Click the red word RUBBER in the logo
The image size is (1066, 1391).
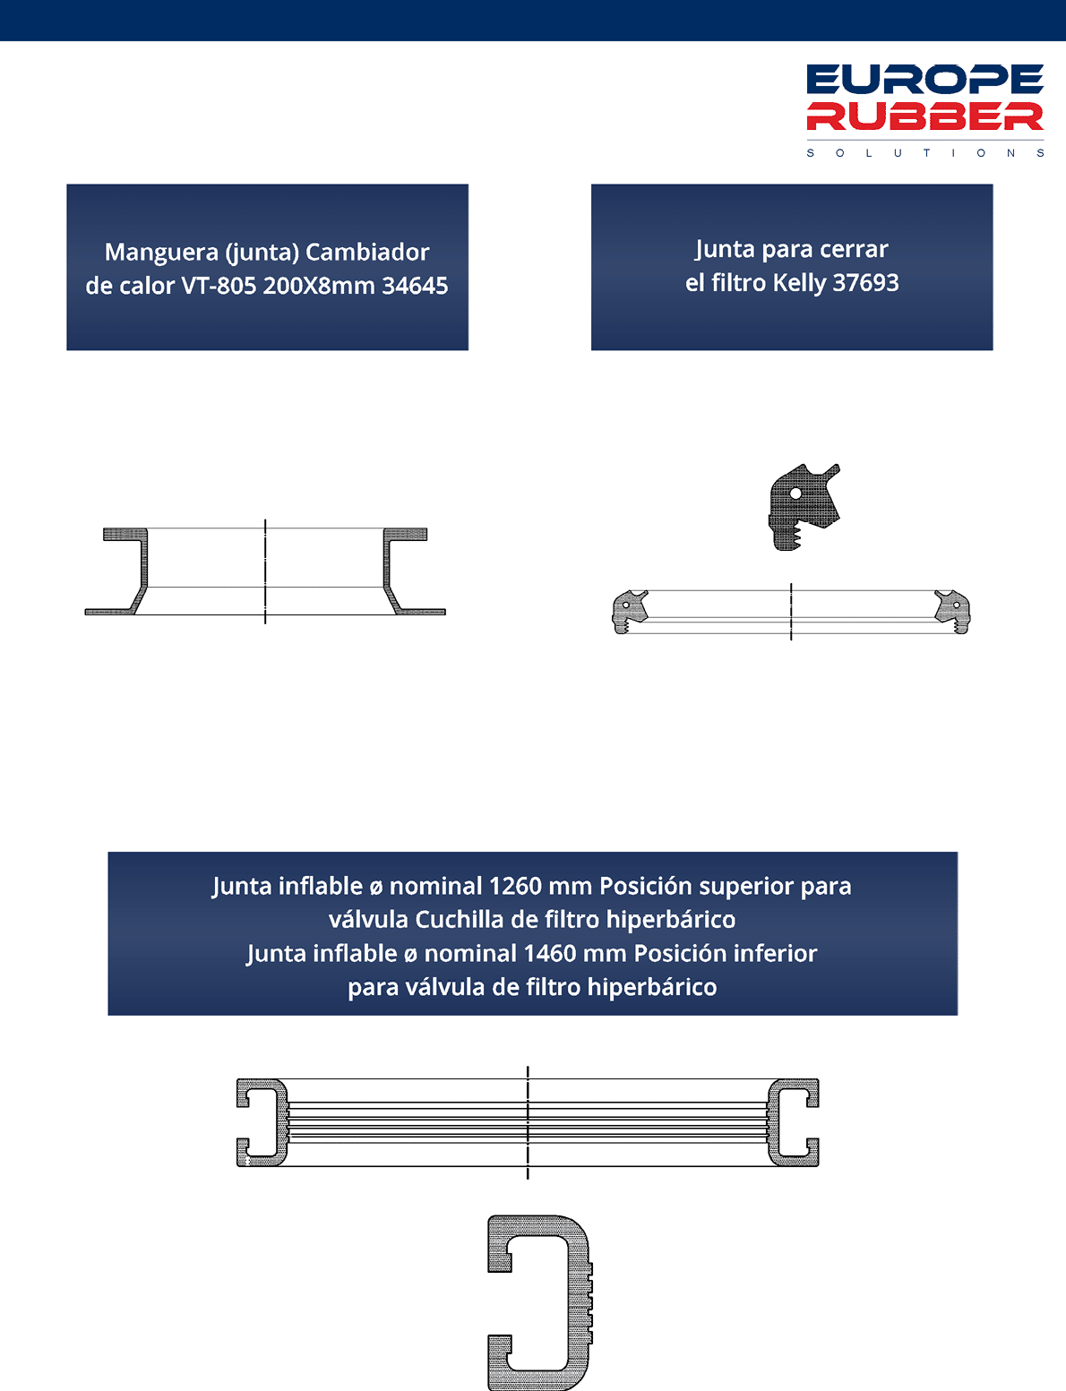pos(925,116)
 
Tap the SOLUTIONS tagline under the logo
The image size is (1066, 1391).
pos(925,153)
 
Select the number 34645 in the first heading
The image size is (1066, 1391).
pos(415,286)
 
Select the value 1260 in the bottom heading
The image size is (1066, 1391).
pos(515,887)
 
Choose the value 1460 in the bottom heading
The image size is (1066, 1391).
pos(550,954)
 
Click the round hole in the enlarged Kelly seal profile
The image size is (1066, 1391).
pos(795,494)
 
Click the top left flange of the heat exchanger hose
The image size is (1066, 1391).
pos(125,534)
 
